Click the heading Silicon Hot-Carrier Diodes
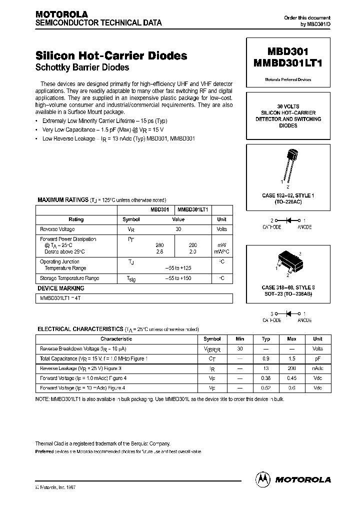111,55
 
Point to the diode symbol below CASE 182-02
287,220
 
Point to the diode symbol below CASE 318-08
287,313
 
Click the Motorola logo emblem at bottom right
263,479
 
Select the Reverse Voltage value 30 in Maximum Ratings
178,229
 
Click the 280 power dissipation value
160,245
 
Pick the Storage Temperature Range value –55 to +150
178,278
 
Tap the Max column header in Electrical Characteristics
292,339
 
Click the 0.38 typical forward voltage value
266,378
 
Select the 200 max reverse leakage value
292,368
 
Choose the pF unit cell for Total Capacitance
317,358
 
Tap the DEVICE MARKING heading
61,288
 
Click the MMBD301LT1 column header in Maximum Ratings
193,210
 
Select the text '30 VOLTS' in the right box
287,106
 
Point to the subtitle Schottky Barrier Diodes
82,67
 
